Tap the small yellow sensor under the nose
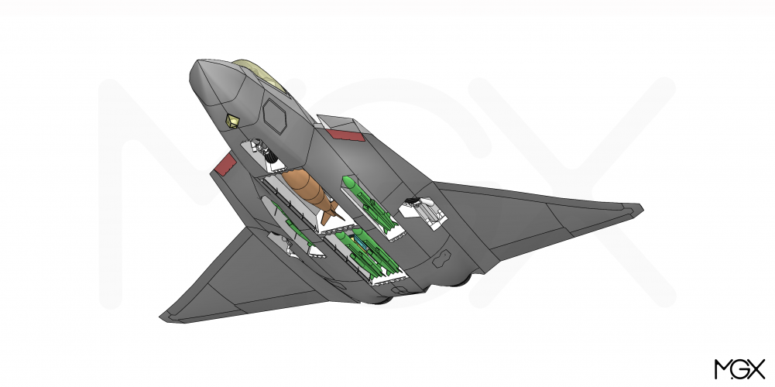(x=232, y=121)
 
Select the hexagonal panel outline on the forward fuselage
(x=274, y=115)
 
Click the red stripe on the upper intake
(x=345, y=135)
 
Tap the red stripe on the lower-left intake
(x=225, y=163)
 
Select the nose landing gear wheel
(x=271, y=156)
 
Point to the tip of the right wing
(x=642, y=208)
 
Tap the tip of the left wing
(x=161, y=317)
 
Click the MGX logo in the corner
(x=739, y=369)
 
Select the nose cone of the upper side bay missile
(x=349, y=183)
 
